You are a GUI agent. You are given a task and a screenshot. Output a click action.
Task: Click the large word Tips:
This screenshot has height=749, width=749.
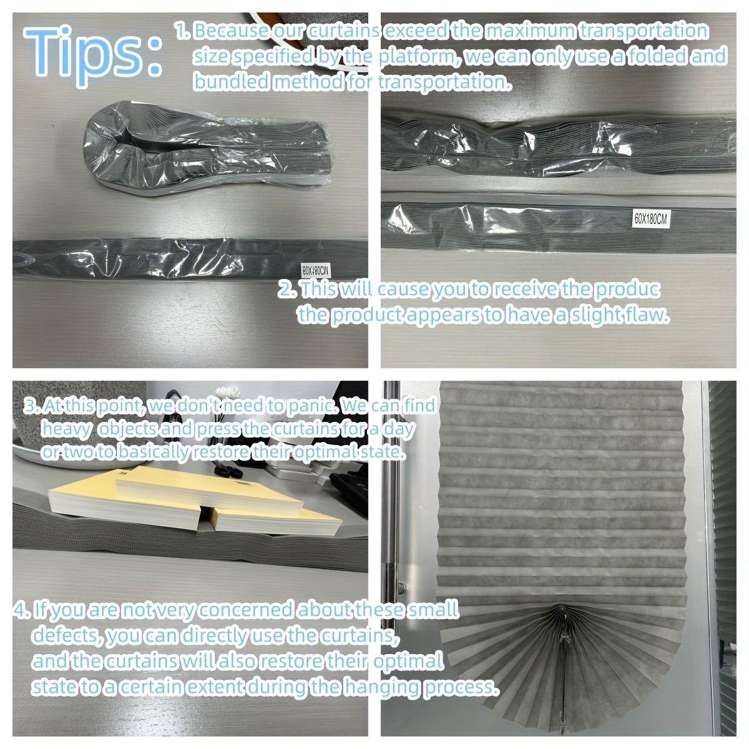coord(93,56)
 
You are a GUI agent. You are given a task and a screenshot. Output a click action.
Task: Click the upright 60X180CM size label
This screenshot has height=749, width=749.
coord(650,219)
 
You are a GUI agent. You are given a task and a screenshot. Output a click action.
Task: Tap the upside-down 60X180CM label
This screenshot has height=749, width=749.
coord(316,270)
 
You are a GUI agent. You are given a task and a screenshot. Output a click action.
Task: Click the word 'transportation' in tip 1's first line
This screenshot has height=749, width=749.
coord(644,31)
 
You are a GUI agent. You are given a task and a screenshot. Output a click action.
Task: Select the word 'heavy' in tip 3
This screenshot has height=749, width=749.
coord(66,429)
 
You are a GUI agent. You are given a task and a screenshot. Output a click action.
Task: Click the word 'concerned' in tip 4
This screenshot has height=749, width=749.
coord(246,609)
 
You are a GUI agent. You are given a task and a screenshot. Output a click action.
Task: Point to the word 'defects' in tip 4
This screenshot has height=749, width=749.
coord(67,635)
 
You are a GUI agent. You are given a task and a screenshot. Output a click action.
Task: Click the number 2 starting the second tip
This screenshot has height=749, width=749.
coord(286,290)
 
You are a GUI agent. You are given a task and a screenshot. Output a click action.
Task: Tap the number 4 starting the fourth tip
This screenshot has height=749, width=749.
coord(20,610)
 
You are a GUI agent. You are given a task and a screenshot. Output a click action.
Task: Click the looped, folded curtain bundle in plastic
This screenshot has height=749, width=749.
coord(206,148)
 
